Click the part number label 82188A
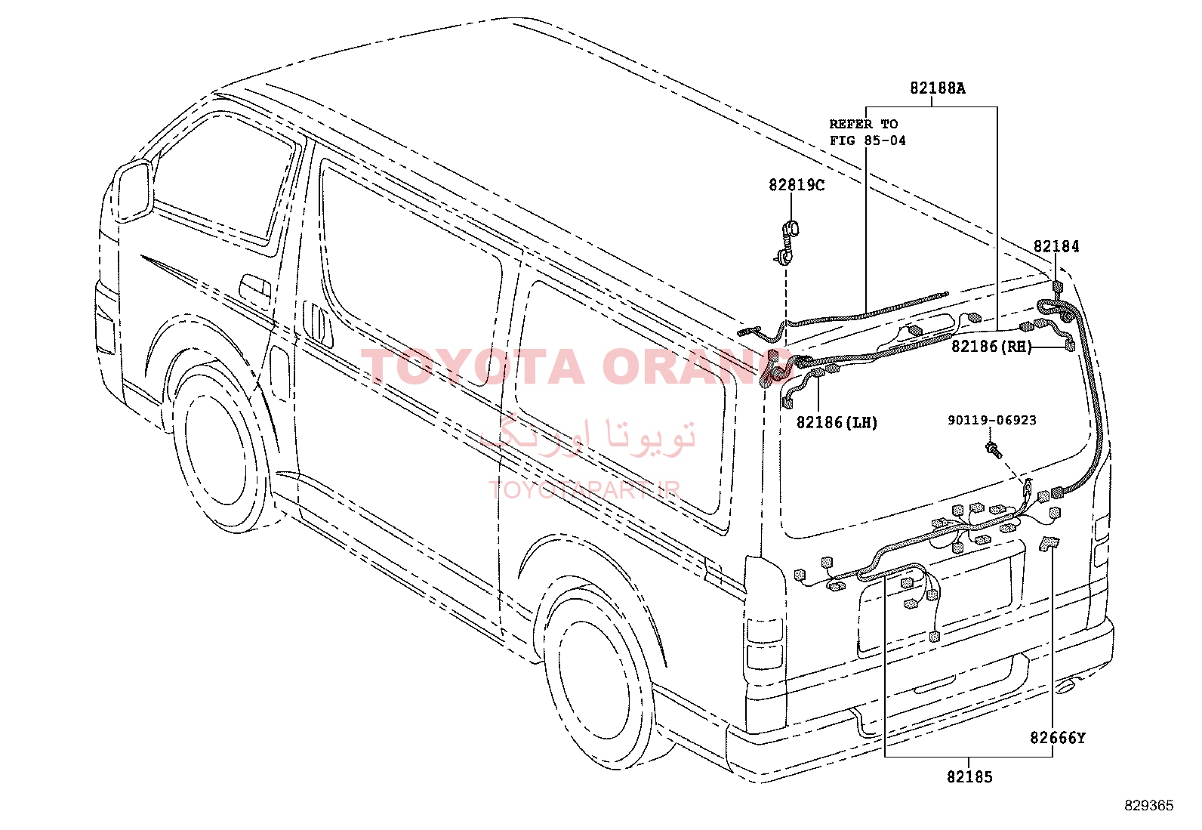(x=937, y=88)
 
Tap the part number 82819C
(x=797, y=185)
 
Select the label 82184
(x=1056, y=246)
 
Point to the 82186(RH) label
(x=991, y=347)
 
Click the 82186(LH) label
(x=837, y=422)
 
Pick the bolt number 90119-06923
(x=991, y=421)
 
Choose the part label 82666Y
(x=1057, y=738)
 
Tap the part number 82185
(x=969, y=777)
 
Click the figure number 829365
(x=1149, y=806)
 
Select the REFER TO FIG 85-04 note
(x=868, y=132)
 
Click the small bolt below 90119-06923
(x=994, y=450)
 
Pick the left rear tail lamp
(x=763, y=643)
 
